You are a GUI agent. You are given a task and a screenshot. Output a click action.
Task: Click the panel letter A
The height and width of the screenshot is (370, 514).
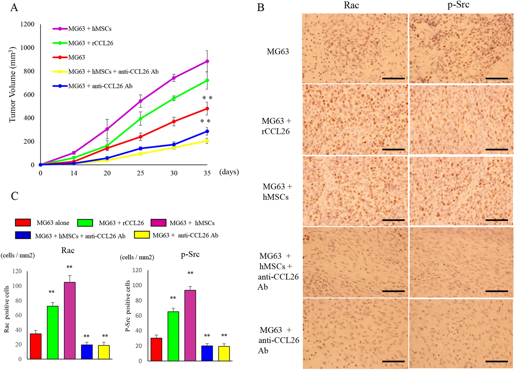[14, 8]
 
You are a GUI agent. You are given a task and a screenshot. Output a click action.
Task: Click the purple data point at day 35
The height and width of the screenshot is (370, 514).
[207, 61]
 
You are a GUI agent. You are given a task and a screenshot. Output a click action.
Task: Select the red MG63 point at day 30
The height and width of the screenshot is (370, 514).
[174, 121]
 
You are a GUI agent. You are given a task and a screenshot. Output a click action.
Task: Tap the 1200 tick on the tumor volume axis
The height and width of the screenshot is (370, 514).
[27, 24]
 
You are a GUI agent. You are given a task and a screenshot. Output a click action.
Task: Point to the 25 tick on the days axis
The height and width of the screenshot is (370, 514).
[140, 173]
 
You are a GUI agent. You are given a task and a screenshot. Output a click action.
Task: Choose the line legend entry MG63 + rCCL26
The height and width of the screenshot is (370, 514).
[90, 43]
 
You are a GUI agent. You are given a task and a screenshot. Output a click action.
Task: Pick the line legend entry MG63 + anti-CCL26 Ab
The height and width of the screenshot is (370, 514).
[100, 86]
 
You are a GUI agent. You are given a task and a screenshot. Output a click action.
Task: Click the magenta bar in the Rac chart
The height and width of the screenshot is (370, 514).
[70, 321]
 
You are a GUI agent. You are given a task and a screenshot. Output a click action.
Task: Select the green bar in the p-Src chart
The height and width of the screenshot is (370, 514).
[173, 336]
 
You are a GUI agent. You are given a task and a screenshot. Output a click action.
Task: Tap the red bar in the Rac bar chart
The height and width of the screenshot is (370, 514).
[36, 346]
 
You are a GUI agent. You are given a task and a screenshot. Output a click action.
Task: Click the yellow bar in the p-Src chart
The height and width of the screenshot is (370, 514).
[224, 353]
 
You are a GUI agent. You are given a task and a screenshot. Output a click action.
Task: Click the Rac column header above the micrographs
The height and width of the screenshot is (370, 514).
[351, 5]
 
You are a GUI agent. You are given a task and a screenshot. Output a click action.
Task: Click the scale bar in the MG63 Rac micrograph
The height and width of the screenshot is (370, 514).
[393, 79]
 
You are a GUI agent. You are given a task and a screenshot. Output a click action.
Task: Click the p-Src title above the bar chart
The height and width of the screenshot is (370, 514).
[190, 255]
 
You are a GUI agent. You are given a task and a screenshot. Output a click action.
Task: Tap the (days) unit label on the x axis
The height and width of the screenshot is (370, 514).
[229, 172]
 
